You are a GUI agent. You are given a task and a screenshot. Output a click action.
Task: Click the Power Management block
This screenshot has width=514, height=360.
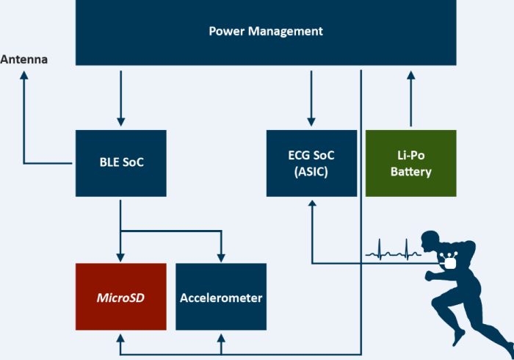coord(266,32)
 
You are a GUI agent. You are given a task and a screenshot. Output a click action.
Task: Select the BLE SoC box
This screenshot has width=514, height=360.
coord(121,162)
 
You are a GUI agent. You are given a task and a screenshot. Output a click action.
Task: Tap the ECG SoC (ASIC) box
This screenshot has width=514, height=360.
coord(312,162)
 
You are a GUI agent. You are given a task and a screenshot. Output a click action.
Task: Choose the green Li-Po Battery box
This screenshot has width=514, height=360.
coord(410,162)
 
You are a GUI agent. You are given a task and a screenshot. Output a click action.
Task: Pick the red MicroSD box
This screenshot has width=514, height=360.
coord(121,298)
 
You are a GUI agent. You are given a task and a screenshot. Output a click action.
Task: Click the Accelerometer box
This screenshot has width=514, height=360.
coord(221,298)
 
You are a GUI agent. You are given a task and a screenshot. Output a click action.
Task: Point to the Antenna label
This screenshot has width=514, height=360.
coord(24,59)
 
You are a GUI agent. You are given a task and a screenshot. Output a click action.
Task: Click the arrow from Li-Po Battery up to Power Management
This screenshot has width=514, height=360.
coord(410,99)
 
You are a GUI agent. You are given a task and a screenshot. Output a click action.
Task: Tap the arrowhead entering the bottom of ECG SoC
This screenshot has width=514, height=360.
coord(312,202)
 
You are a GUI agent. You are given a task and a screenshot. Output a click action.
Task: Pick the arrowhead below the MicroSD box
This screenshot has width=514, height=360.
coord(121,337)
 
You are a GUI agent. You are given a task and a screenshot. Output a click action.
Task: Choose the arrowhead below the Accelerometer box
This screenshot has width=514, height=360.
coord(221,337)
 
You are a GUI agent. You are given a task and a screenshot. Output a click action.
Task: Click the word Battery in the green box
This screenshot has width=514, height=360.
coord(410,173)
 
